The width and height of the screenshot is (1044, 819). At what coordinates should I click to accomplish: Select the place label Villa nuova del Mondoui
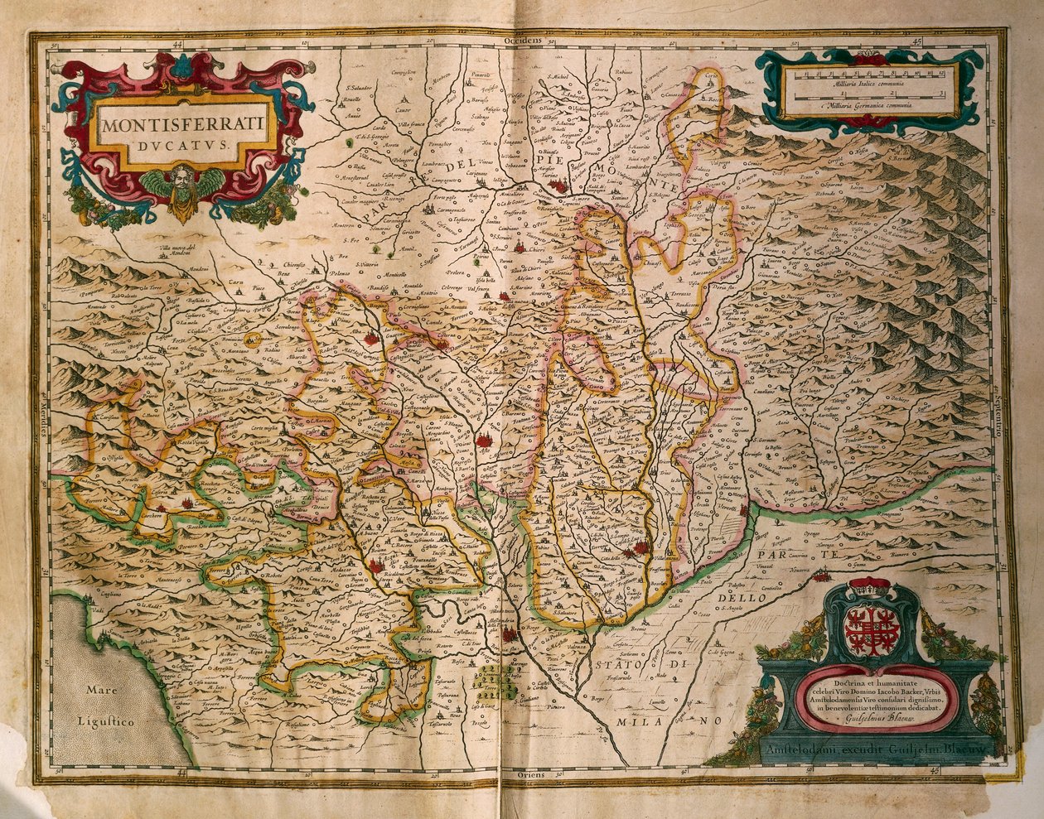click(181, 251)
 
